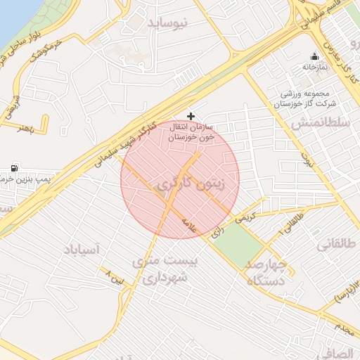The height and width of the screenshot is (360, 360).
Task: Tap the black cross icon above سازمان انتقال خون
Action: [191, 115]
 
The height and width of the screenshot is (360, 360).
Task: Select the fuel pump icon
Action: [15, 168]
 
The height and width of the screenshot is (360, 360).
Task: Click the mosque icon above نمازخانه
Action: [314, 56]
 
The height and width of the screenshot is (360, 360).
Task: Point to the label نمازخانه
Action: [316, 67]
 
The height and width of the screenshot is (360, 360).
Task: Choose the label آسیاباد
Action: [82, 250]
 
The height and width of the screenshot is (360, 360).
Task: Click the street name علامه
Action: [188, 224]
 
